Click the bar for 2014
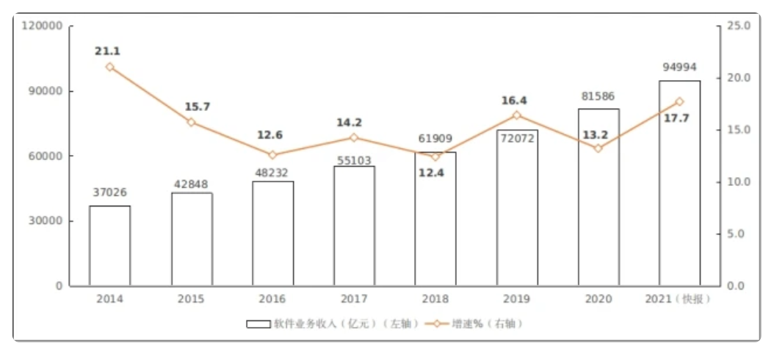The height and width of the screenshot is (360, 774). [110, 245]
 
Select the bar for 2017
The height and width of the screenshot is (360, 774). [354, 226]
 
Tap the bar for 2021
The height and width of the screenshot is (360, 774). [679, 183]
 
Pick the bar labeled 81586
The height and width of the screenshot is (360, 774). [598, 197]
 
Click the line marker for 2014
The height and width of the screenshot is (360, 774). [110, 67]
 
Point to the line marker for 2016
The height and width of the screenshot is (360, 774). [272, 155]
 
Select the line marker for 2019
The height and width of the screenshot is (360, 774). [516, 115]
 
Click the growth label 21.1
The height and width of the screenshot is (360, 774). [107, 51]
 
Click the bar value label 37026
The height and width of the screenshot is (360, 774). [110, 192]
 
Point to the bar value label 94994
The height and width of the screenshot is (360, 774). [679, 67]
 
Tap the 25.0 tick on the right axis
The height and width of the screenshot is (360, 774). [737, 26]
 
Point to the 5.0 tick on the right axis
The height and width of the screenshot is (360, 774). [734, 234]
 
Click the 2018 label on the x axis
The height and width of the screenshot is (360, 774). [435, 299]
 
